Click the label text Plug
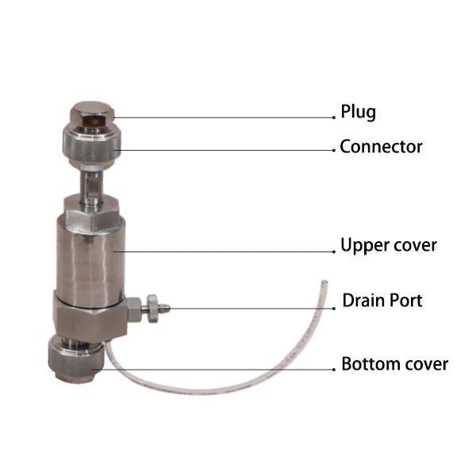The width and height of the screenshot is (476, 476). pyautogui.click(x=359, y=112)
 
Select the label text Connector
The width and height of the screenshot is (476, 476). pyautogui.click(x=381, y=147)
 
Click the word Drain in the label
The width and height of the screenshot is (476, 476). pyautogui.click(x=363, y=301)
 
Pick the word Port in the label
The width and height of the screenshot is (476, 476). pyautogui.click(x=406, y=301)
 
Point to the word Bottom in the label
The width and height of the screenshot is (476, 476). pyautogui.click(x=370, y=363)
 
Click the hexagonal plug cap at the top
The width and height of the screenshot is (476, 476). pyautogui.click(x=92, y=114)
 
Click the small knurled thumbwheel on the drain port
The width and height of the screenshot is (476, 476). pyautogui.click(x=152, y=309)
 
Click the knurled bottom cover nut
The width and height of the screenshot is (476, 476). pyautogui.click(x=76, y=361)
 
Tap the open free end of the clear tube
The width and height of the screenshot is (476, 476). pyautogui.click(x=324, y=282)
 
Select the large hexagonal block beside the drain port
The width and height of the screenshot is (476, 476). pyautogui.click(x=90, y=317)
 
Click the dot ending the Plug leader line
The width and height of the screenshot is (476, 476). pyautogui.click(x=334, y=117)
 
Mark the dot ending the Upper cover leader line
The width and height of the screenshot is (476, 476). pyautogui.click(x=334, y=251)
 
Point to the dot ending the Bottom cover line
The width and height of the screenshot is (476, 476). pyautogui.click(x=334, y=370)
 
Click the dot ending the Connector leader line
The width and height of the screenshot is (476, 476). pyautogui.click(x=334, y=150)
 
